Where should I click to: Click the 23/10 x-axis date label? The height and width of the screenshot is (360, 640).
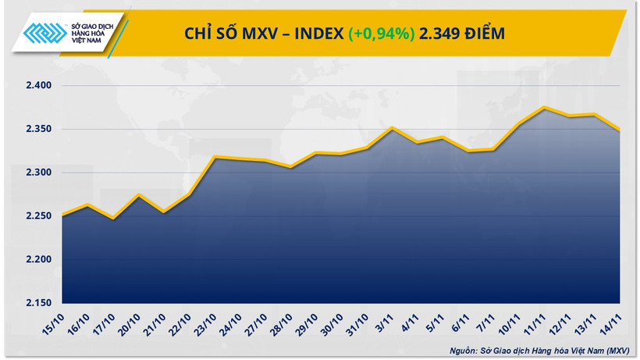pyautogui.click(x=208, y=321)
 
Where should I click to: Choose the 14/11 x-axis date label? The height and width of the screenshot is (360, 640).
pyautogui.click(x=615, y=321)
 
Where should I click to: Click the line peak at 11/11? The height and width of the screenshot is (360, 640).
pyautogui.click(x=545, y=107)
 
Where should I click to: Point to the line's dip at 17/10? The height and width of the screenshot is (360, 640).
pyautogui.click(x=113, y=219)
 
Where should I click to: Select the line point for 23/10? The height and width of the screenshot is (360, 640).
pyautogui.click(x=215, y=157)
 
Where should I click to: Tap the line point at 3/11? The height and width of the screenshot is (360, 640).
pyautogui.click(x=393, y=127)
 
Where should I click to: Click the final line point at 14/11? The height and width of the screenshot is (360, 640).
pyautogui.click(x=620, y=130)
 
